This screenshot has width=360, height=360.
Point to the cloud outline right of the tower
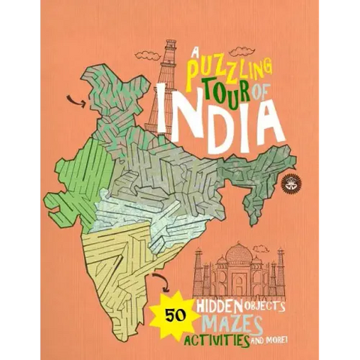(241, 51)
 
